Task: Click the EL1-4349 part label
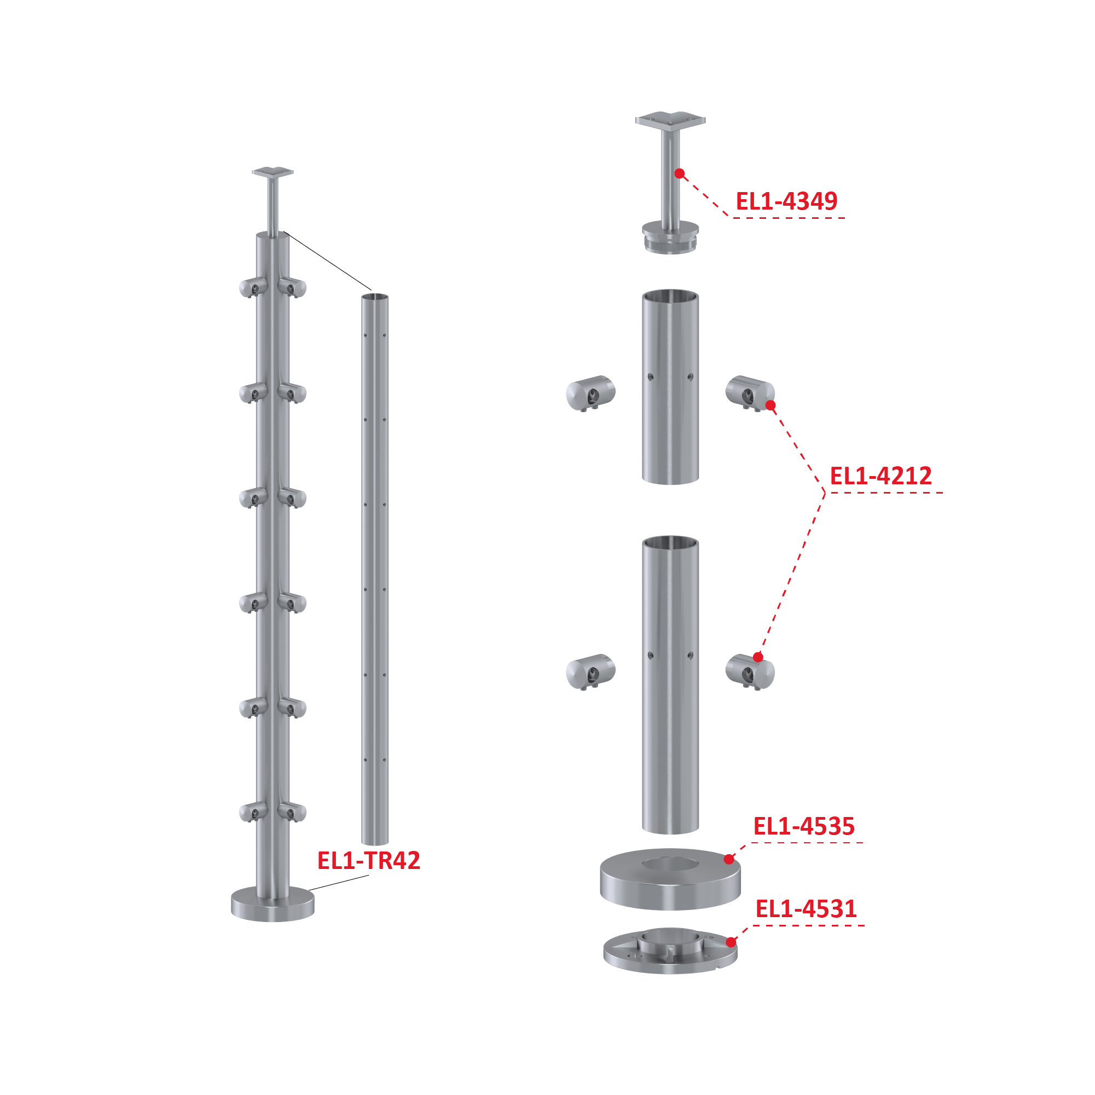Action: coord(786,201)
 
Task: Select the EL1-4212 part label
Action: coord(881,476)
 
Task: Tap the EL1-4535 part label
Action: coord(804,826)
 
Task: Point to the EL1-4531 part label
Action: coord(806,909)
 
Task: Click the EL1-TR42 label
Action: coord(368,860)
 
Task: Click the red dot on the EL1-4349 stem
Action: coord(680,173)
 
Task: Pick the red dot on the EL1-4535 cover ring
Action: coord(729,859)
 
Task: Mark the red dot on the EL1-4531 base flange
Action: coord(731,942)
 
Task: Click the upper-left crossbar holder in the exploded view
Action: coord(590,393)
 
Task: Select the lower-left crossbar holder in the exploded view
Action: coord(590,671)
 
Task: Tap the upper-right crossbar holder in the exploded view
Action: coord(750,393)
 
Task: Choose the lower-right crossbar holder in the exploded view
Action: coord(750,671)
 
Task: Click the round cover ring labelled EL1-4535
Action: coord(670,878)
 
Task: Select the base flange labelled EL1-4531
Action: coord(670,952)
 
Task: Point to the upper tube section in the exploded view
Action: coord(670,386)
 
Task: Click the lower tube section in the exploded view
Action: coord(670,684)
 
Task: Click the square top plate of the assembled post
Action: coord(273,172)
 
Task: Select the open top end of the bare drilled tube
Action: coord(375,297)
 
